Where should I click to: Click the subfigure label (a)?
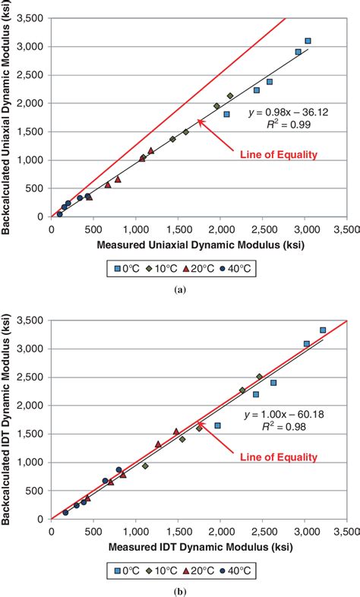pyautogui.click(x=180, y=289)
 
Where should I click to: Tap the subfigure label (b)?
pyautogui.click(x=180, y=589)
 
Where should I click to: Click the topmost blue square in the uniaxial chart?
pyautogui.click(x=308, y=41)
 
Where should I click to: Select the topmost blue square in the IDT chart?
pyautogui.click(x=323, y=330)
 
